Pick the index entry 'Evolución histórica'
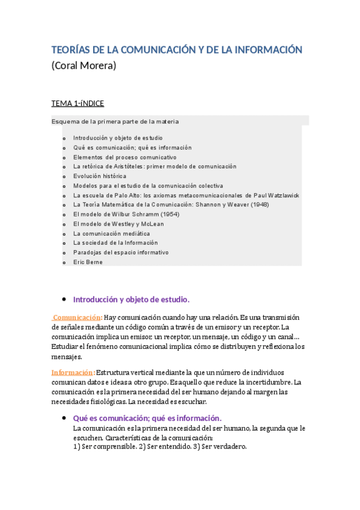(x=100, y=176)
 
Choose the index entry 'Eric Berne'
(x=88, y=262)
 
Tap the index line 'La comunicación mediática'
(x=111, y=233)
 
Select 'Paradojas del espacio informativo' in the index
(x=121, y=253)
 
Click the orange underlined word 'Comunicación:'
(x=78, y=318)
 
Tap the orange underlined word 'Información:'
(x=73, y=372)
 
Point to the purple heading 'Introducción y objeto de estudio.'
(x=131, y=299)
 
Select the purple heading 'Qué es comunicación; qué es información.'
(x=147, y=418)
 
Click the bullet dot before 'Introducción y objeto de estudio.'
(x=63, y=299)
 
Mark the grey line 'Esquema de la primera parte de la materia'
(x=115, y=121)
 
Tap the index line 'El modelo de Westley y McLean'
(x=118, y=224)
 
